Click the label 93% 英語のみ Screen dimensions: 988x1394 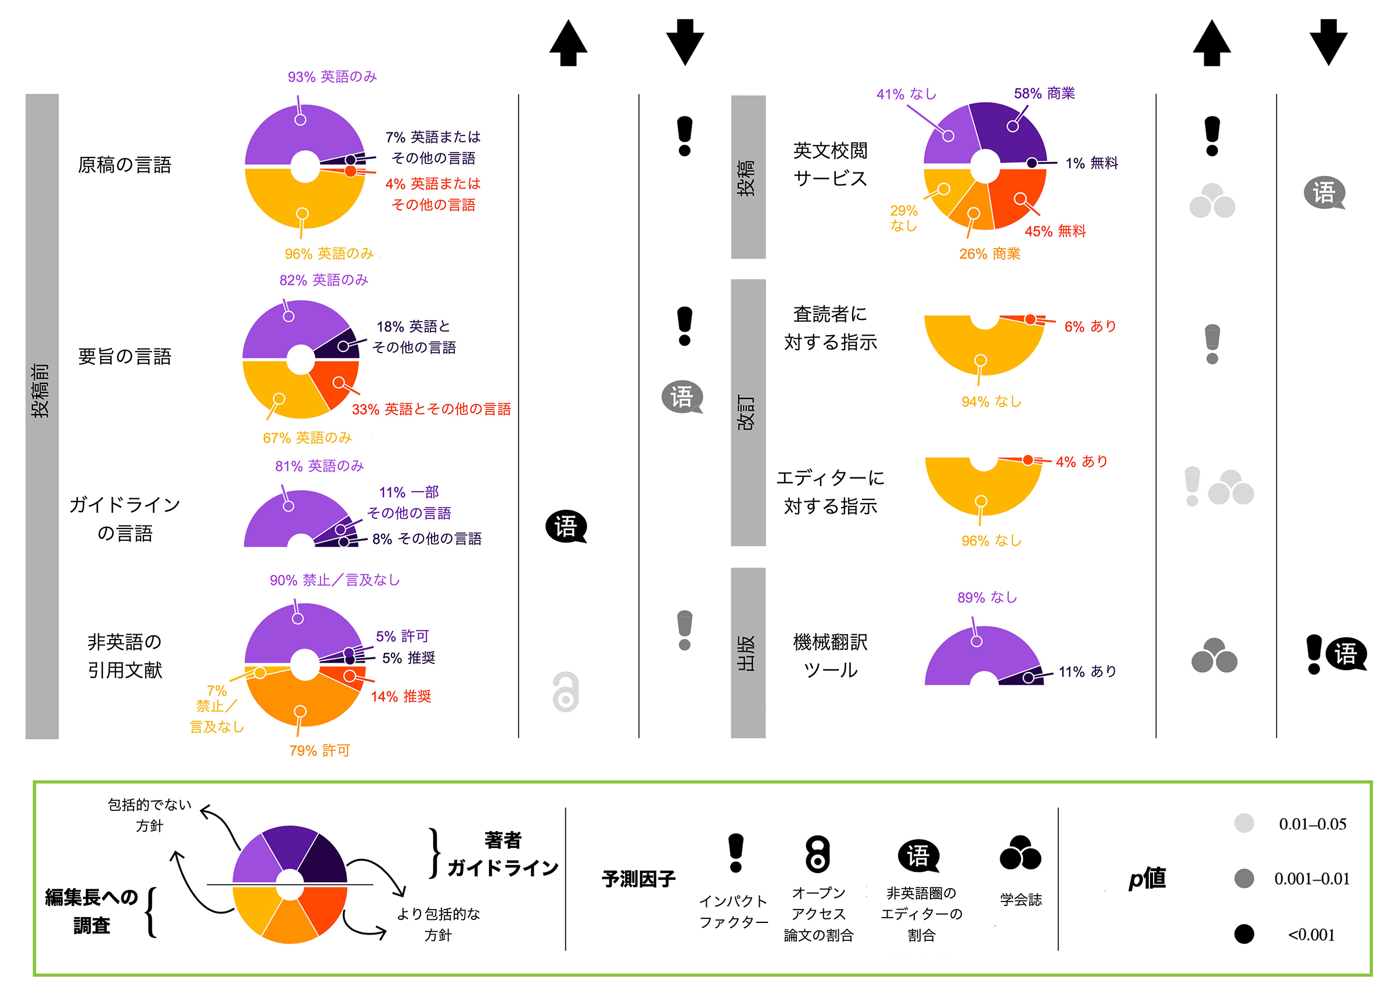[332, 77]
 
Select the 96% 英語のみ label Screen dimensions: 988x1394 [328, 253]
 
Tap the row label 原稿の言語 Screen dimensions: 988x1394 [125, 165]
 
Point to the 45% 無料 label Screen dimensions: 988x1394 [1055, 231]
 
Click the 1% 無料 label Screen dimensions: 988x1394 [1091, 163]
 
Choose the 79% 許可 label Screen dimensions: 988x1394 [319, 750]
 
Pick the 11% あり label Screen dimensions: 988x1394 [1087, 671]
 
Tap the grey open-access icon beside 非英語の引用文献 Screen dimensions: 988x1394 [565, 692]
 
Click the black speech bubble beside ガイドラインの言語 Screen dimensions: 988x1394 [566, 527]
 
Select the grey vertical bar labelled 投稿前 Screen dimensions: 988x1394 [41, 416]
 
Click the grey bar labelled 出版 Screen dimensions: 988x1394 [748, 653]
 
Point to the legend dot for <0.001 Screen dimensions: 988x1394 [1244, 934]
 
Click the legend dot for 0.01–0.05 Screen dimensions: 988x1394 [1244, 823]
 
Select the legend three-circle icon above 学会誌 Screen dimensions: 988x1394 [1020, 853]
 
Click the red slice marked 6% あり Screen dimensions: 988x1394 [1022, 319]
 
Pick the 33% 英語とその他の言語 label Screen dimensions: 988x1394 [430, 409]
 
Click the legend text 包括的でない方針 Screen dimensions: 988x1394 [149, 815]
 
